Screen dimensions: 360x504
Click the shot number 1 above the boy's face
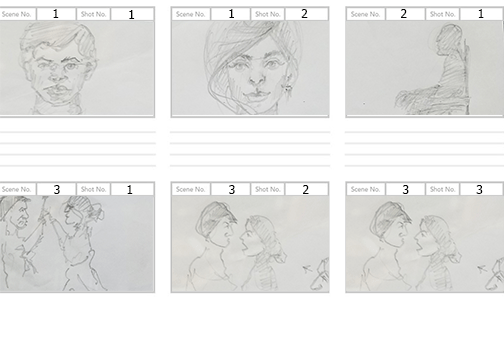point(131,15)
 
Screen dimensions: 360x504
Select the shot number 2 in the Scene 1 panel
point(305,15)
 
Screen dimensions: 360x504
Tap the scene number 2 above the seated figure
point(404,15)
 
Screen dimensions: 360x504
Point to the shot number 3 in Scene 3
point(479,190)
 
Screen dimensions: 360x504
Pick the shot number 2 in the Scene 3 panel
point(305,190)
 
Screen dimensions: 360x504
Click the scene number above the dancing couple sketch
point(57,190)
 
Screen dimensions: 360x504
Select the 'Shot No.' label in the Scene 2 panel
point(443,15)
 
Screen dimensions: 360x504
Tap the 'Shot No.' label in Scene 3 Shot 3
point(443,190)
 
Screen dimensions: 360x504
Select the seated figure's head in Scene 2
point(448,41)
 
